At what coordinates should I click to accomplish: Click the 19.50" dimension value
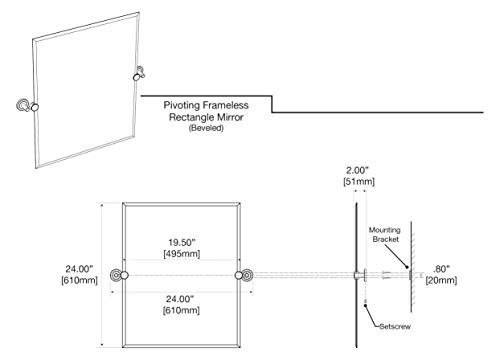181,242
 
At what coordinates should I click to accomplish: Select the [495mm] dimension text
182,254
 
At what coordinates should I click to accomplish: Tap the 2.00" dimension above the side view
357,170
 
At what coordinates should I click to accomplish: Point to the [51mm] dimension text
359,182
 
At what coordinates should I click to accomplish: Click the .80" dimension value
441,269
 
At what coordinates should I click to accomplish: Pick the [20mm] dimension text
441,280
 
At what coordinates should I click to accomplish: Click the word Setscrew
395,326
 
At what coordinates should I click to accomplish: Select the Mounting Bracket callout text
385,234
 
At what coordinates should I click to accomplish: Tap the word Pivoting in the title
182,106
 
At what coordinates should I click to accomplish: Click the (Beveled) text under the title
206,128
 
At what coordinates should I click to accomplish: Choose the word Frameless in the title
226,105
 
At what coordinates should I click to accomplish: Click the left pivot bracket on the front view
119,275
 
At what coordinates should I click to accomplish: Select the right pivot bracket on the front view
244,275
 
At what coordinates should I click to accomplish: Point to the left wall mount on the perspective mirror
23,105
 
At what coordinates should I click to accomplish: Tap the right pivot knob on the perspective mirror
136,77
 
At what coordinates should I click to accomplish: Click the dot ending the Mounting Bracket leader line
407,267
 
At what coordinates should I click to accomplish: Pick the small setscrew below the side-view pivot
366,304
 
